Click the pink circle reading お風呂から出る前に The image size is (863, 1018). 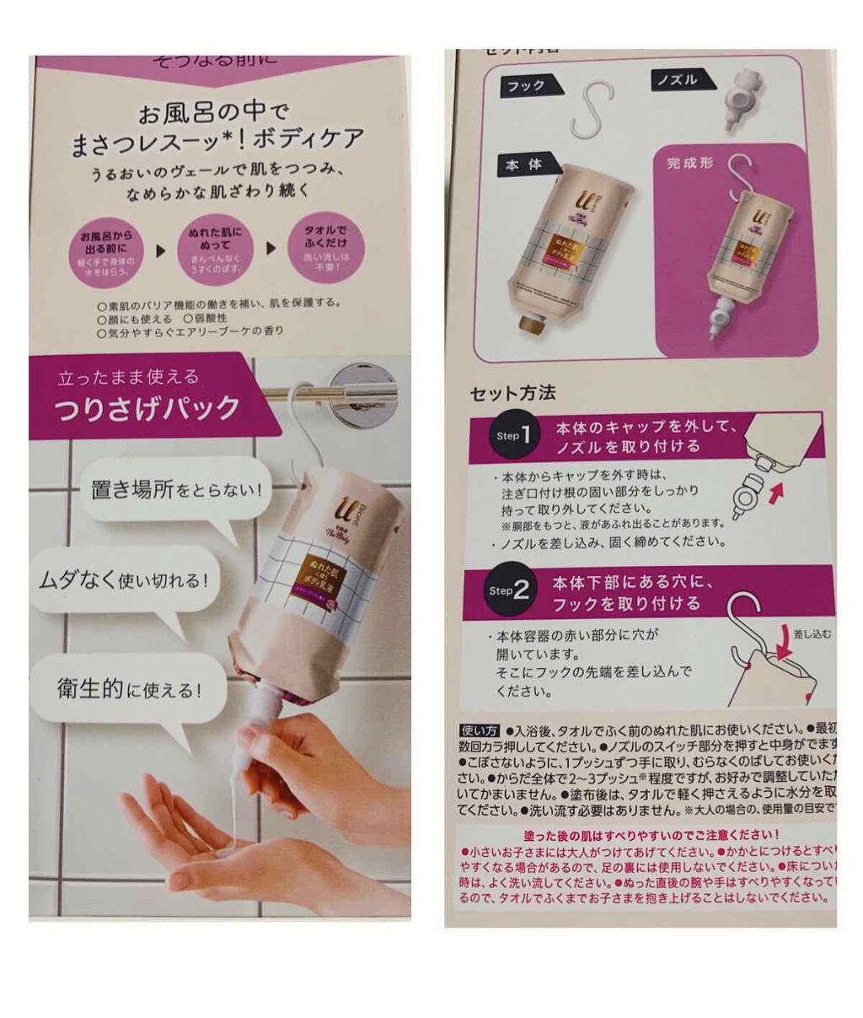(106, 250)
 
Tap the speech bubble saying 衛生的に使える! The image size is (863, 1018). (128, 689)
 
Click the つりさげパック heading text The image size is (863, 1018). (147, 408)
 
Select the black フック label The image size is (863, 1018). (526, 85)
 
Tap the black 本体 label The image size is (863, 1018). (523, 166)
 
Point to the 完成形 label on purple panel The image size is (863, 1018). (689, 163)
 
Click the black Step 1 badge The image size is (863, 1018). (513, 435)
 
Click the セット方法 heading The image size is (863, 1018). (512, 393)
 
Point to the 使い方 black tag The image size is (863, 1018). (480, 730)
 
